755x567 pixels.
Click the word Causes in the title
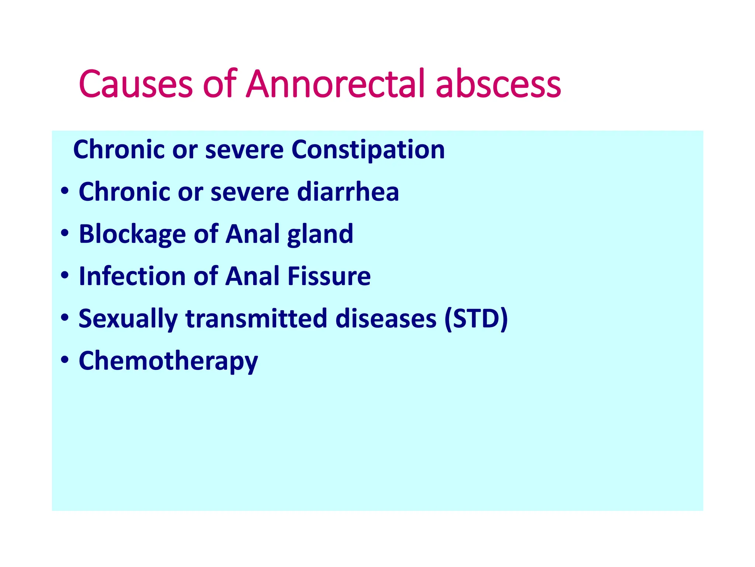pos(136,84)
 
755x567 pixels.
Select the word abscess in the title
pos(498,84)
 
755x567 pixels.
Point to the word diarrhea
pos(348,192)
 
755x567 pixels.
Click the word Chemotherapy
pos(168,361)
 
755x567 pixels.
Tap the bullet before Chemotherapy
pos(65,360)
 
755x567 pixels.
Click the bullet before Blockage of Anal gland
pos(65,233)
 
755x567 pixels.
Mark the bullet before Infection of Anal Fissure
pos(65,275)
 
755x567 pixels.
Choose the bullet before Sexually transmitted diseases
pos(65,317)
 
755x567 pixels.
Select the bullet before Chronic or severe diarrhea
pos(65,191)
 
